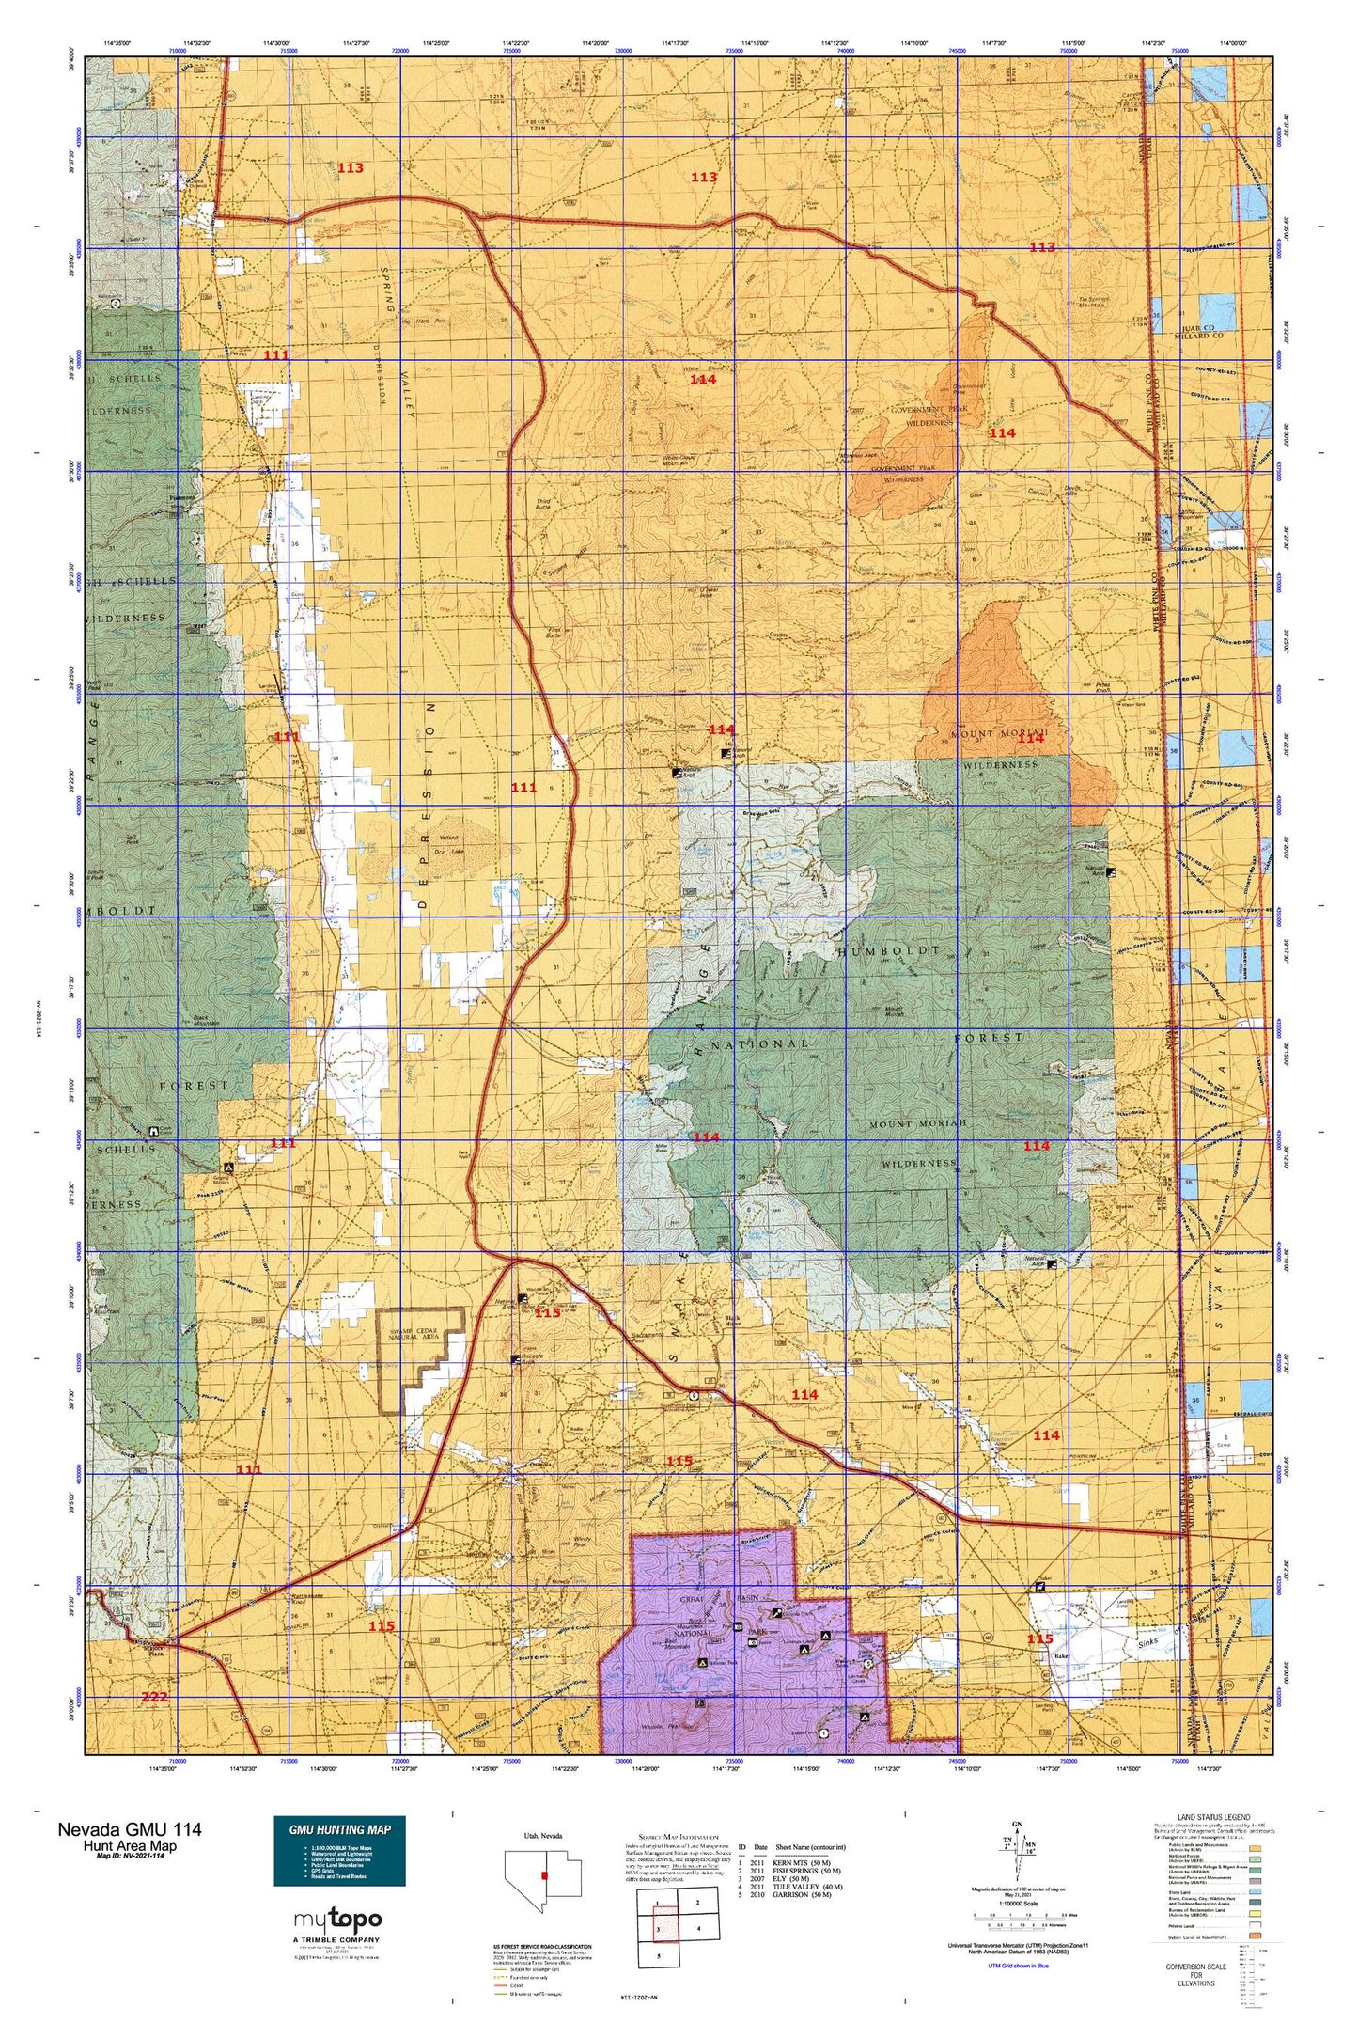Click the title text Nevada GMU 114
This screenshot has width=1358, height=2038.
pyautogui.click(x=129, y=1829)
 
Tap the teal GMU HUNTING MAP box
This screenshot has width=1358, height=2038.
pyautogui.click(x=339, y=1850)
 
